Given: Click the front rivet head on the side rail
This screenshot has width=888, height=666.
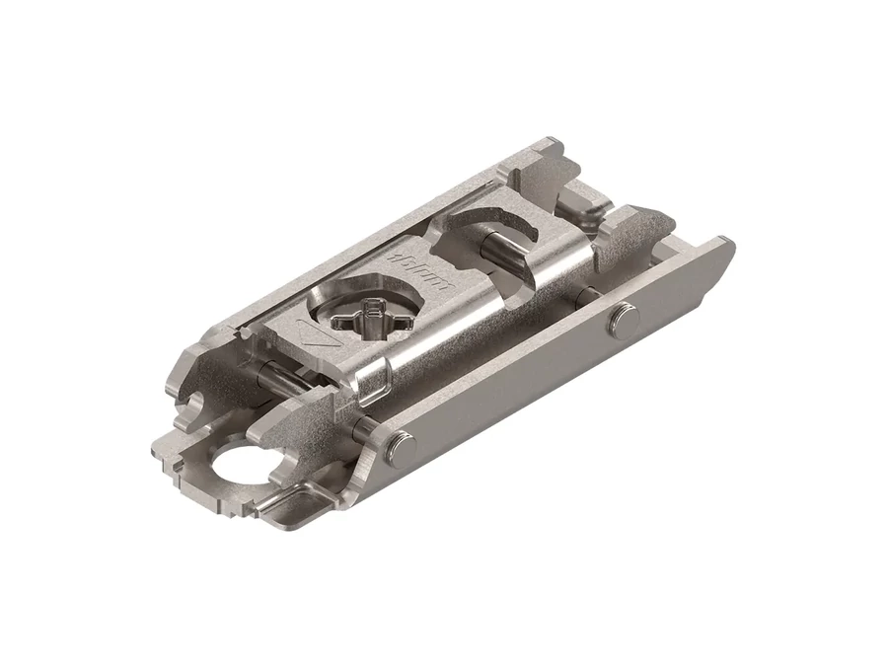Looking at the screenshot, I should [399, 446].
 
